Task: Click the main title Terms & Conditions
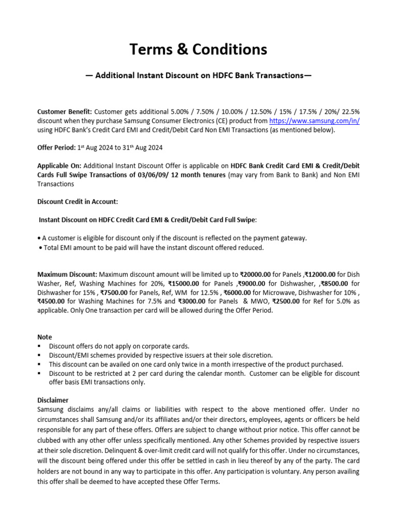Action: click(x=198, y=49)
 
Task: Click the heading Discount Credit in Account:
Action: click(x=78, y=201)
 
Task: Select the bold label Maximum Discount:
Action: click(x=67, y=274)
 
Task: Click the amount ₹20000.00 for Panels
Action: click(x=259, y=274)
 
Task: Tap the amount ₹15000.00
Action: click(x=184, y=284)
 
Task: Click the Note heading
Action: click(x=45, y=337)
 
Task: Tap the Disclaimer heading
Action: click(x=53, y=400)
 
